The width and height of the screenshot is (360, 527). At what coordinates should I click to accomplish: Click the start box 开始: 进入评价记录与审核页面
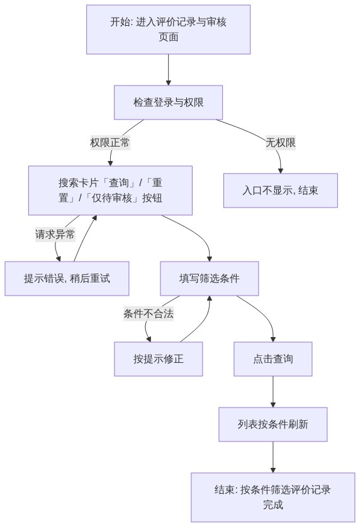pos(168,29)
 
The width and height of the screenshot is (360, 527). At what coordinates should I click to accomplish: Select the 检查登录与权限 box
pos(168,102)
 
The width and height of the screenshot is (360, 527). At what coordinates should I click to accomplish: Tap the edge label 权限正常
pos(110,143)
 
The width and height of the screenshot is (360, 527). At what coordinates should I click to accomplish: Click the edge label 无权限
pos(281,143)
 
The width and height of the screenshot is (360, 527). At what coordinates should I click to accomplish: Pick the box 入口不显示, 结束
pos(281,191)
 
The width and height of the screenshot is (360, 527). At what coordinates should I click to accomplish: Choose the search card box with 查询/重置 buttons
pos(110,190)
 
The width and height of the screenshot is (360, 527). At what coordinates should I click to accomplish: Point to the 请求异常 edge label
pos(55,235)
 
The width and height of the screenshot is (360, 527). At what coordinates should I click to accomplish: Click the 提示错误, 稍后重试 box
pos(67,279)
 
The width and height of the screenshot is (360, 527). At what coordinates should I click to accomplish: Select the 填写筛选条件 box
pos(210,279)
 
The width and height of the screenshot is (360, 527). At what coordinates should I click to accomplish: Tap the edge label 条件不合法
pos(149,314)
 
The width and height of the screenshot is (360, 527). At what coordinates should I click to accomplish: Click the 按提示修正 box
pos(159,358)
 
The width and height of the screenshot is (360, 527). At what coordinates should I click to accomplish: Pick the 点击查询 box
pos(273,358)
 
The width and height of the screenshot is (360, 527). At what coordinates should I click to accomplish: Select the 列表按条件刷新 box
pos(273,424)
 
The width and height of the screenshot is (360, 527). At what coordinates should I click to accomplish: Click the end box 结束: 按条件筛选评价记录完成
pos(273,497)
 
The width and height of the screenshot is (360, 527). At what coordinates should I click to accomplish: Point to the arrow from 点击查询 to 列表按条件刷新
pos(273,392)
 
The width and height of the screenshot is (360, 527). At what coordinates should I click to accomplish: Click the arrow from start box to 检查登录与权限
pos(168,70)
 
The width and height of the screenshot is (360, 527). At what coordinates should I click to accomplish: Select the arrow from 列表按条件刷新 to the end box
pos(273,457)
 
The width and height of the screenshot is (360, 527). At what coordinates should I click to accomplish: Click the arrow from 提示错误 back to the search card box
pos(85,238)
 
